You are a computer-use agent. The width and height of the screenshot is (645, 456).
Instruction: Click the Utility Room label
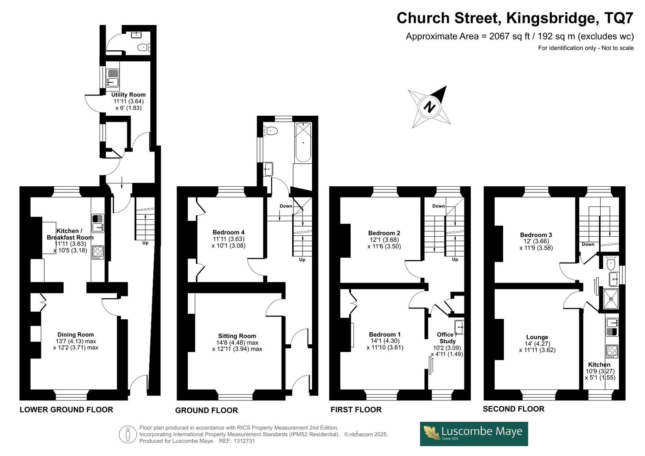(x=129, y=95)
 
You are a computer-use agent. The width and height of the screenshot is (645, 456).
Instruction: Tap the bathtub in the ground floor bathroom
(x=303, y=143)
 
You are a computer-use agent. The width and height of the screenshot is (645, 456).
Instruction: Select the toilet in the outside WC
(x=144, y=47)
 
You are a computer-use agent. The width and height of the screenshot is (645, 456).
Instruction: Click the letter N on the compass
(x=429, y=107)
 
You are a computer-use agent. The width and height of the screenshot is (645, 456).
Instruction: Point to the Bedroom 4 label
(x=229, y=233)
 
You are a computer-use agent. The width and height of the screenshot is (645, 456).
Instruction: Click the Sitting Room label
(x=237, y=336)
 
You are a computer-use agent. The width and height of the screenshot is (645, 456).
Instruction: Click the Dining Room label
(x=76, y=335)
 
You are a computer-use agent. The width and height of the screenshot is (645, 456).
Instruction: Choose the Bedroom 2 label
(x=384, y=233)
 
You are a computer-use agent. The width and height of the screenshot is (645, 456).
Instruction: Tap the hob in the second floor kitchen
(x=612, y=352)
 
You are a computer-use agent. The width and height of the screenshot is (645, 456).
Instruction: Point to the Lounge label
(x=537, y=337)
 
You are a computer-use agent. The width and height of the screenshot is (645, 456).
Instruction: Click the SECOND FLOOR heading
(x=514, y=409)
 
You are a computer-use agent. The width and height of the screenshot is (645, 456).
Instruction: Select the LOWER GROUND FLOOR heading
(x=66, y=410)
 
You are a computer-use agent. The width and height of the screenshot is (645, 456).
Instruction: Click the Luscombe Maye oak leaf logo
(x=431, y=433)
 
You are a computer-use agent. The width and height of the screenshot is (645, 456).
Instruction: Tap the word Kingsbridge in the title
(x=551, y=18)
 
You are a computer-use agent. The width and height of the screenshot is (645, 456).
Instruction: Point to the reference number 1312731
(x=244, y=441)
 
